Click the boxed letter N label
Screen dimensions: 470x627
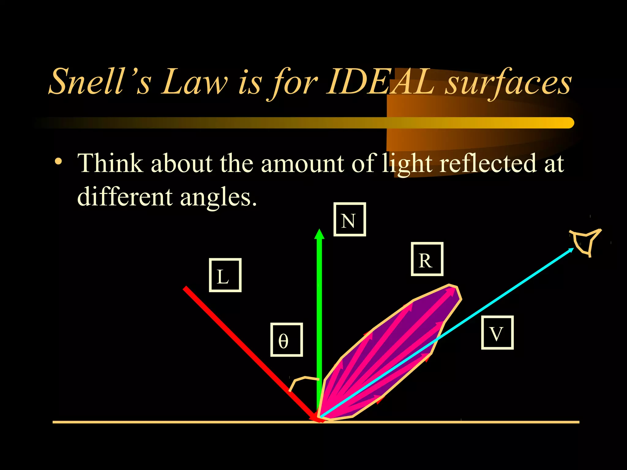[x=349, y=219]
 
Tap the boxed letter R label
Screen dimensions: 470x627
[x=427, y=259]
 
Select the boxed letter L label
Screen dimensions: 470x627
[x=225, y=275]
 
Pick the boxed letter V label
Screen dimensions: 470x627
[x=497, y=333]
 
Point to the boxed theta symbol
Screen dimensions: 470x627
[x=286, y=340]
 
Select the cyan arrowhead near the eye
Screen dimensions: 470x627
[x=571, y=250]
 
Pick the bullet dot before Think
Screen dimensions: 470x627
[x=58, y=161]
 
